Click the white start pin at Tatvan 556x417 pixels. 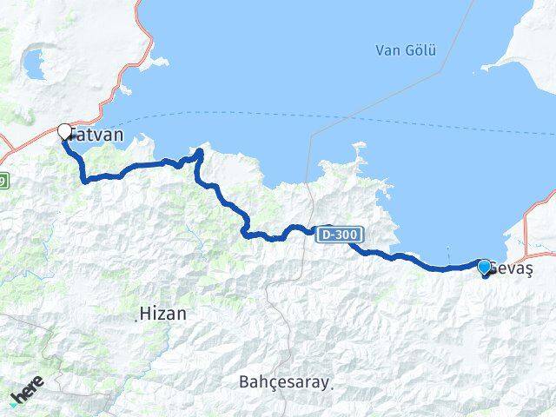coord(64,132)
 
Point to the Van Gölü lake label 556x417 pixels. coord(406,50)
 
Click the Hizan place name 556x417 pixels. coord(163,314)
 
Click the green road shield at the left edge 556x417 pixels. coord(3,181)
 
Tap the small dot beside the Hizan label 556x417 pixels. coord(136,320)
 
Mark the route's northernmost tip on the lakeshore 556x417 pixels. coord(200,152)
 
